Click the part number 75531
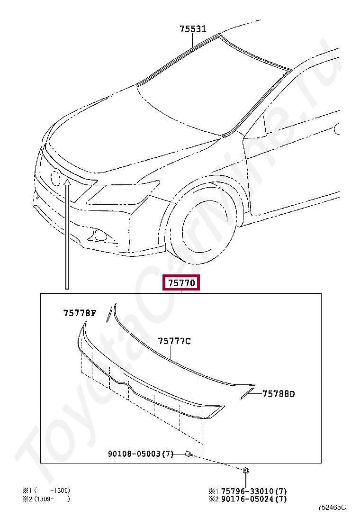193,29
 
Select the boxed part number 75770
181,282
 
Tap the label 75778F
80,313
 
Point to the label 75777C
174,341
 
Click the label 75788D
279,393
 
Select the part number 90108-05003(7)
141,454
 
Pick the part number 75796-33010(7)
254,491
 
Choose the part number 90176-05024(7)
254,499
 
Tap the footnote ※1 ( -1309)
46,491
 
